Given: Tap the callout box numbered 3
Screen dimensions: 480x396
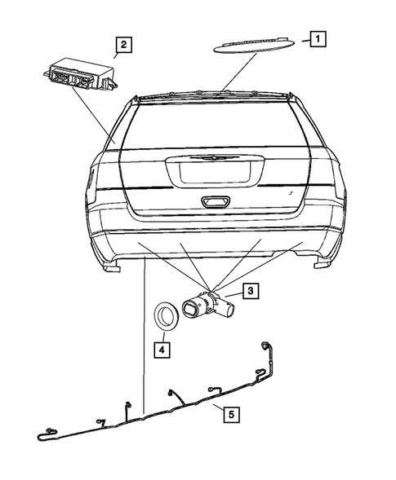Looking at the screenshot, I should (251, 289).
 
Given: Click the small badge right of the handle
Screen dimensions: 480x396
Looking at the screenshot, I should (291, 192).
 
